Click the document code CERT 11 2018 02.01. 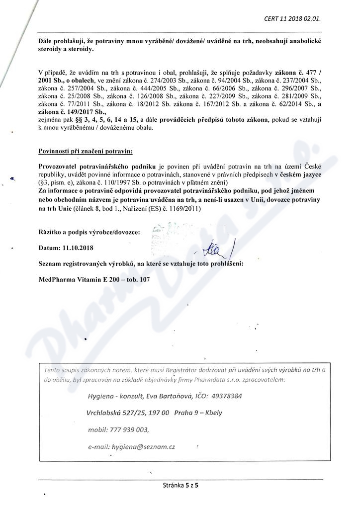[292, 19]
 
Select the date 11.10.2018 [77, 247]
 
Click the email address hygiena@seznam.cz [144, 446]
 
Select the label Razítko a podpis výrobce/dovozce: [89, 232]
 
